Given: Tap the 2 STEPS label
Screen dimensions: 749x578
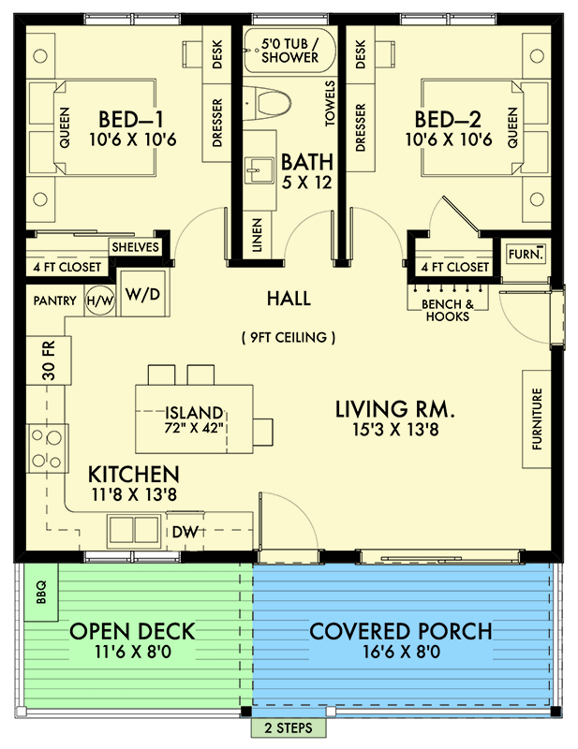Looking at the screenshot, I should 289,727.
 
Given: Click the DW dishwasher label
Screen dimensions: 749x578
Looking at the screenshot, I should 185,531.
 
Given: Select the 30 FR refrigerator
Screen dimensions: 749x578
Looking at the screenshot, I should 48,359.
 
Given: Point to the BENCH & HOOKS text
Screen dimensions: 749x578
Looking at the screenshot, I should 446,310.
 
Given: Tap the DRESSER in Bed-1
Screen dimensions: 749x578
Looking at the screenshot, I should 216,122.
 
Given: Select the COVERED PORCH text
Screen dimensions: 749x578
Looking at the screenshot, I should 400,631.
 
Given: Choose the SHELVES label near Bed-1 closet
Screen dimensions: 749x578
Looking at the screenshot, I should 136,247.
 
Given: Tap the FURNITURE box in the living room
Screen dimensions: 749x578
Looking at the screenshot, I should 537,420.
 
